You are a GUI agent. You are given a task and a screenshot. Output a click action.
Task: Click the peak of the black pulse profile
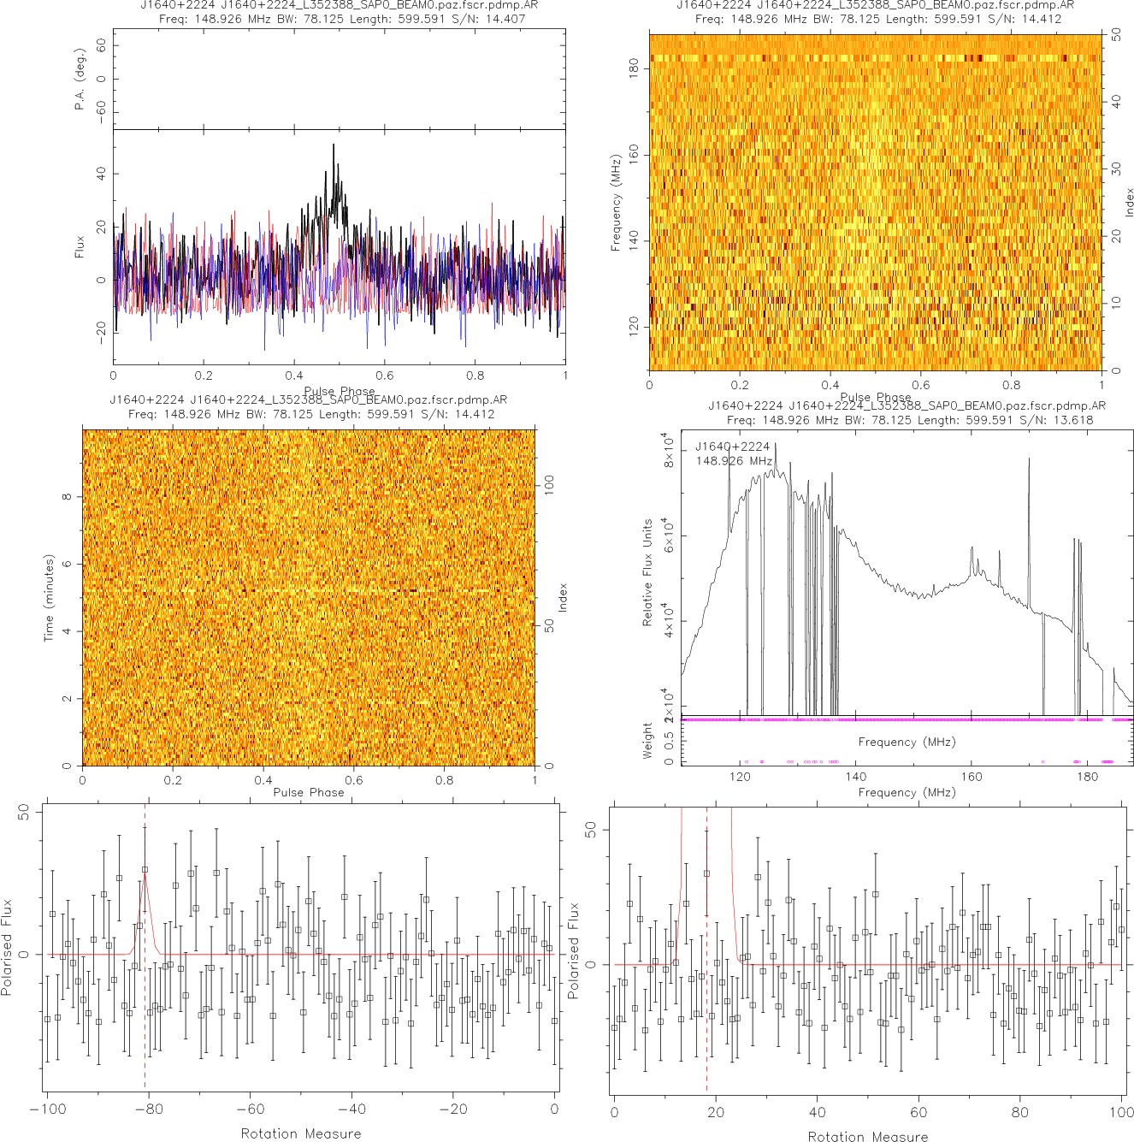tap(334, 145)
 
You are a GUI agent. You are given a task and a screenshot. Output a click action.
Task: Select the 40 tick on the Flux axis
tap(102, 174)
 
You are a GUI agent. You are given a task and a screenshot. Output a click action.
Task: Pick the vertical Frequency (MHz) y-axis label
tap(615, 203)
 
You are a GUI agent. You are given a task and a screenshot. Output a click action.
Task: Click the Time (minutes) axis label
tap(49, 598)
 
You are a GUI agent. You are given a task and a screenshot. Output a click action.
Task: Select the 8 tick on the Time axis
tap(67, 497)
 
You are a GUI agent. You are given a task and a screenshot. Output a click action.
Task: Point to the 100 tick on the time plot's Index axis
tap(550, 485)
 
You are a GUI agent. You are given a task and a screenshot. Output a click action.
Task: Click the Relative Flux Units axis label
tap(647, 572)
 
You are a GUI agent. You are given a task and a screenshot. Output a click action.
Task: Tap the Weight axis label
tap(647, 741)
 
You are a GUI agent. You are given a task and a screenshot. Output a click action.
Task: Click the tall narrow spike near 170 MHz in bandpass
tap(1029, 460)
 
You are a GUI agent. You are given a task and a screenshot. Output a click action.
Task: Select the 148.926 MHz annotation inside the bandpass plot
tap(734, 460)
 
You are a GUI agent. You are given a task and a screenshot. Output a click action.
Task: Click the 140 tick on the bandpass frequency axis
tap(855, 777)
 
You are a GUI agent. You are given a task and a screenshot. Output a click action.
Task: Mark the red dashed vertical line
tap(706, 950)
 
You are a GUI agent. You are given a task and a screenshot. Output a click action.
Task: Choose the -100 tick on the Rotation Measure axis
tap(48, 1109)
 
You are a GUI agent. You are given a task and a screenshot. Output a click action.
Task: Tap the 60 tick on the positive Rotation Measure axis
tap(918, 1112)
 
